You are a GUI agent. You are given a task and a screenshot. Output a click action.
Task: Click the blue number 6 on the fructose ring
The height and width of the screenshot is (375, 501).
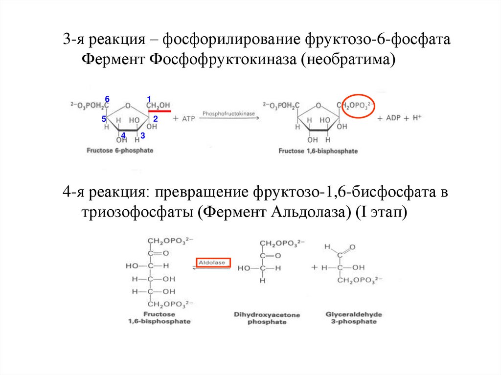[108, 99]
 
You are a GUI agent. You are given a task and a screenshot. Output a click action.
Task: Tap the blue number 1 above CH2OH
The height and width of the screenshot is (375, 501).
[149, 99]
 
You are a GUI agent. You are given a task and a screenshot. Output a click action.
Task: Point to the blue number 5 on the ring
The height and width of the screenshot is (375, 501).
[104, 119]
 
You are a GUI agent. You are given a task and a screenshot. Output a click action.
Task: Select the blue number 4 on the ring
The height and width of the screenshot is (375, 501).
[123, 135]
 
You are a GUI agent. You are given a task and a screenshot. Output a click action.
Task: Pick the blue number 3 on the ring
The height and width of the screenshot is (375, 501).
[142, 135]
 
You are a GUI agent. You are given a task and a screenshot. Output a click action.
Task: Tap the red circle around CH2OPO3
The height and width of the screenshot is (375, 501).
[358, 106]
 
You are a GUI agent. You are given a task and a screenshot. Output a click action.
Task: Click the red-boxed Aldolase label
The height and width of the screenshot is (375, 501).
[213, 263]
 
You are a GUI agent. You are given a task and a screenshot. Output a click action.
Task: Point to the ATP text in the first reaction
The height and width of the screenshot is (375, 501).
[188, 119]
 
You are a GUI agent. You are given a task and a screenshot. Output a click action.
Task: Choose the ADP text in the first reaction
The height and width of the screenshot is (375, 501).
[394, 118]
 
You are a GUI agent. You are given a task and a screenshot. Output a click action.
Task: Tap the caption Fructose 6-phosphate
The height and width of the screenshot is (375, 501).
[119, 151]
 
